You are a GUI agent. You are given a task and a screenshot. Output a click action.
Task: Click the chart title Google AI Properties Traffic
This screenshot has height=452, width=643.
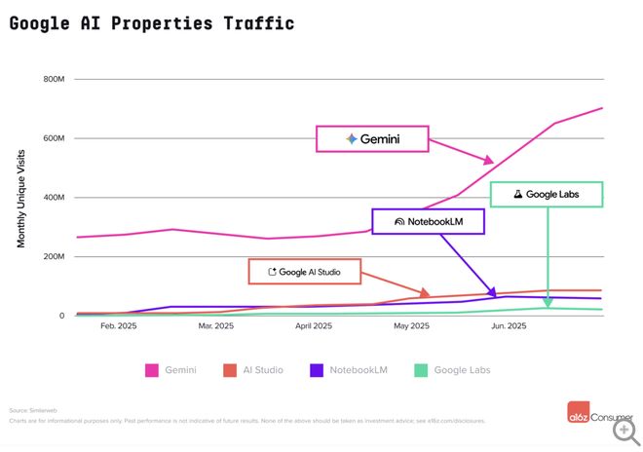click(x=151, y=22)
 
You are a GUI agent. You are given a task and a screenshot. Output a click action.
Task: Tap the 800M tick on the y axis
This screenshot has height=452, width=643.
click(x=52, y=79)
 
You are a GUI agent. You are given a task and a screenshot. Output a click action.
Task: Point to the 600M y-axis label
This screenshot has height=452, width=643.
click(x=52, y=138)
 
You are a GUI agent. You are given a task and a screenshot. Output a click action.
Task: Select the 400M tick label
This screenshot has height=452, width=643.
click(x=52, y=198)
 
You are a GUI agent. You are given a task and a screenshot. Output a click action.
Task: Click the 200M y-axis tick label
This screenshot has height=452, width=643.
click(x=52, y=257)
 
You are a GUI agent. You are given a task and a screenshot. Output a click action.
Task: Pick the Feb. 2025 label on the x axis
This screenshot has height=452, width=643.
click(x=118, y=327)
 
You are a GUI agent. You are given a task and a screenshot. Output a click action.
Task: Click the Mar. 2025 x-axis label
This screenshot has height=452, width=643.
click(x=215, y=327)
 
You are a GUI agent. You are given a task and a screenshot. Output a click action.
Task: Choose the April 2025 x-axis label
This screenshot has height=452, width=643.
click(x=314, y=327)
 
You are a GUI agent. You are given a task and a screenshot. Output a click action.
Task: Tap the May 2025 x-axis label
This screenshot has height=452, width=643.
click(x=411, y=327)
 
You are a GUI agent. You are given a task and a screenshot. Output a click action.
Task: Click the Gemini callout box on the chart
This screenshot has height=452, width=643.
click(x=372, y=139)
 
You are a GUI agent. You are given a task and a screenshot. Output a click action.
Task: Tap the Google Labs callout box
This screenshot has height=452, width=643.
click(x=546, y=195)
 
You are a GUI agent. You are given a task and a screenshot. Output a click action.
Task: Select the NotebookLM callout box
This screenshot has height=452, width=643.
click(x=428, y=221)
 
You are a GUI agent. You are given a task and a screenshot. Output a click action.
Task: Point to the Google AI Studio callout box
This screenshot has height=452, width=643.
click(x=305, y=272)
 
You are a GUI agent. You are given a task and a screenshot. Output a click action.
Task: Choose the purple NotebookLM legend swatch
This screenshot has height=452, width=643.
click(x=317, y=370)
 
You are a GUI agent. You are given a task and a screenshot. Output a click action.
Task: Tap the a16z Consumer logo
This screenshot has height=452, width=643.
click(x=598, y=413)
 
